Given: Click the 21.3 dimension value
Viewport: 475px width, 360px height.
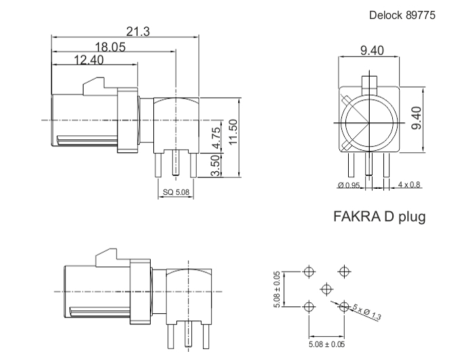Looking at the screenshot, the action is (x=138, y=31).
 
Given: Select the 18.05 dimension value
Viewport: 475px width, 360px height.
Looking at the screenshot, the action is (x=110, y=47).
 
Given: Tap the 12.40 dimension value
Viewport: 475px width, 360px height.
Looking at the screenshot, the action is (x=89, y=60).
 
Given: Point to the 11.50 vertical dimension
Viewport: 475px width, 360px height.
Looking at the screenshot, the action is (x=234, y=132).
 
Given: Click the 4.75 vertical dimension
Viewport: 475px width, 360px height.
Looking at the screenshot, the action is (x=216, y=138).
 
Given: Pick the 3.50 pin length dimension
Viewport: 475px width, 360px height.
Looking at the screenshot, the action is (x=215, y=166).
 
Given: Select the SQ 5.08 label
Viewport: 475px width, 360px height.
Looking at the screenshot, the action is (x=176, y=192).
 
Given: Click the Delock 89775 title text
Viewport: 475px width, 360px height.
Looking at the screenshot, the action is (x=402, y=15).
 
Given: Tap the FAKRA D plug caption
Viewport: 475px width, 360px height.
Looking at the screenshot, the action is (x=379, y=217).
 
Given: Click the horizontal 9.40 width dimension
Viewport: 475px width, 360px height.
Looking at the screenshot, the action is (x=372, y=50).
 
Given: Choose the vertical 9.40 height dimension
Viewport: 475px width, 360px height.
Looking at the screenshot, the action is (x=417, y=118).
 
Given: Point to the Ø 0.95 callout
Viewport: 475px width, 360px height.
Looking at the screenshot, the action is (x=349, y=185).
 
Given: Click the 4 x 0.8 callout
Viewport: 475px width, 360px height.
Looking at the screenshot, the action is (x=409, y=184).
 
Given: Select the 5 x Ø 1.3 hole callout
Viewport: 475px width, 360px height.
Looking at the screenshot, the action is (x=367, y=312).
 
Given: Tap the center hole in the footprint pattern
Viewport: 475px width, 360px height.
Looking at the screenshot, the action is (x=326, y=289).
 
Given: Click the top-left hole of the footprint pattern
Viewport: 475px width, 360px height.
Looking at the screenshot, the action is (x=309, y=272).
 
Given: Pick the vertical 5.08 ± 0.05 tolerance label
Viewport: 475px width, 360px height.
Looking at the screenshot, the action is (x=278, y=289).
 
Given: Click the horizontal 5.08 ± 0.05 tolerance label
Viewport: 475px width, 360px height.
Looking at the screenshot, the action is (x=326, y=344).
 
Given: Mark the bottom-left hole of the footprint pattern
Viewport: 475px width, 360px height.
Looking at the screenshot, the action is (x=309, y=306).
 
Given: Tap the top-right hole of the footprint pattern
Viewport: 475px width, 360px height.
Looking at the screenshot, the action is (x=344, y=271).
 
